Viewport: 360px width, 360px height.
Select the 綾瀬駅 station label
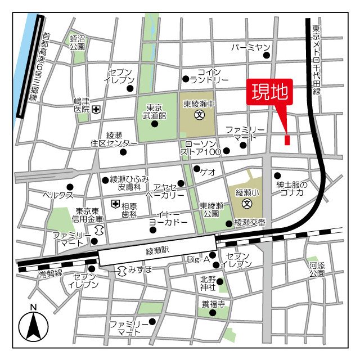tap(157, 249)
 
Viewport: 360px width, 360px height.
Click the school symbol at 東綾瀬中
tap(199, 115)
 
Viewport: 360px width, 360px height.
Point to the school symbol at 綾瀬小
tap(246, 203)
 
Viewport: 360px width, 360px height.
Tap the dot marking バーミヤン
tap(267, 55)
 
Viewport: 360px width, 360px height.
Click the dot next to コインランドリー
tap(185, 79)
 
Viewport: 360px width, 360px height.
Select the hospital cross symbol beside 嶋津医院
tap(97, 110)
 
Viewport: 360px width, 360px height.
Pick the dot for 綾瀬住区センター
tap(123, 151)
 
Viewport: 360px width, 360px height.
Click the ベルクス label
tap(58, 195)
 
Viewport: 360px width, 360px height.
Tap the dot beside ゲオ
tap(196, 169)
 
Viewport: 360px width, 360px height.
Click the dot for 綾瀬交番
tap(228, 223)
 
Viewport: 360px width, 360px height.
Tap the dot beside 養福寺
tap(213, 313)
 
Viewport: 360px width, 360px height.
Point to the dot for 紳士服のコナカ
tap(276, 175)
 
